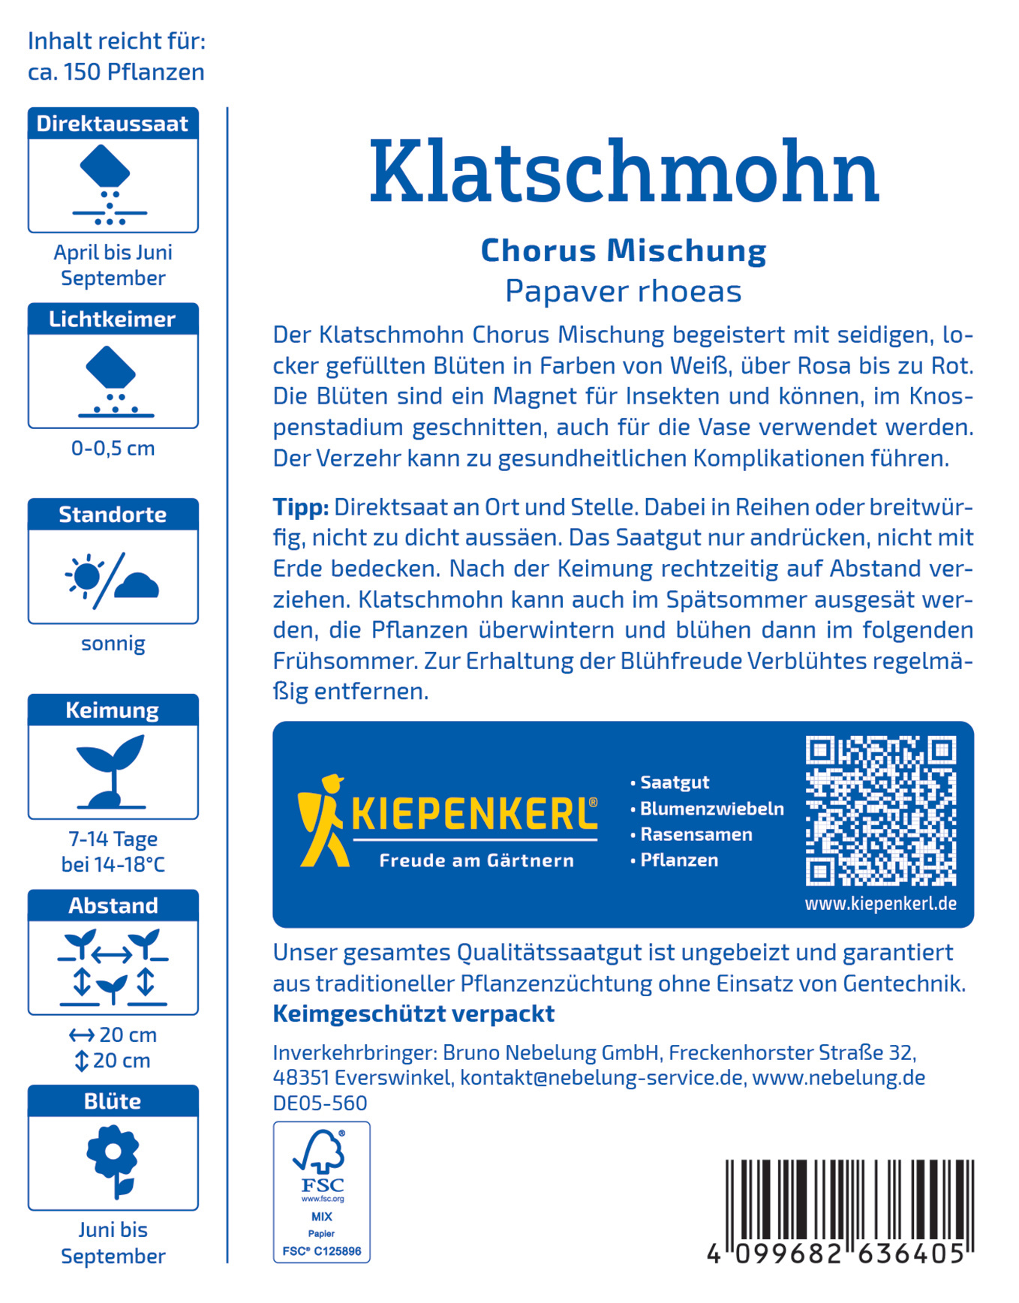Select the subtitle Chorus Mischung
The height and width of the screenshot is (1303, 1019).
[x=623, y=251]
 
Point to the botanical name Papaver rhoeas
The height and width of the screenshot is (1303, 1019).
[x=623, y=291]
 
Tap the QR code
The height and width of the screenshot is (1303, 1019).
[x=880, y=810]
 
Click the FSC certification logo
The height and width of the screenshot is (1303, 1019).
[x=321, y=1191]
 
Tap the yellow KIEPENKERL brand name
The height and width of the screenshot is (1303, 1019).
[x=474, y=814]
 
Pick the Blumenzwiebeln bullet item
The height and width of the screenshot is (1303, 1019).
[x=711, y=809]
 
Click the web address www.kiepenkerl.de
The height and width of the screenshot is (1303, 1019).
[x=880, y=903]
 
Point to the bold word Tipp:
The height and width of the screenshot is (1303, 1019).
[x=300, y=507]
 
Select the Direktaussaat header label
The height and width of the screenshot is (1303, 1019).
[x=113, y=124]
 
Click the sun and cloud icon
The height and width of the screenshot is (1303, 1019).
[x=113, y=579]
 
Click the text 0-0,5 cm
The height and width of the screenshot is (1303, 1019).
[x=113, y=449]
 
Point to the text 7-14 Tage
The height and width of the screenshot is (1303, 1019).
[x=113, y=839]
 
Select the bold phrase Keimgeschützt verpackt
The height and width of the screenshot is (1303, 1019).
[x=413, y=1013]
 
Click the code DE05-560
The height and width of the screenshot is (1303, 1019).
[x=320, y=1103]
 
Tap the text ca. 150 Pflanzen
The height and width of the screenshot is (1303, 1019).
[x=116, y=72]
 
